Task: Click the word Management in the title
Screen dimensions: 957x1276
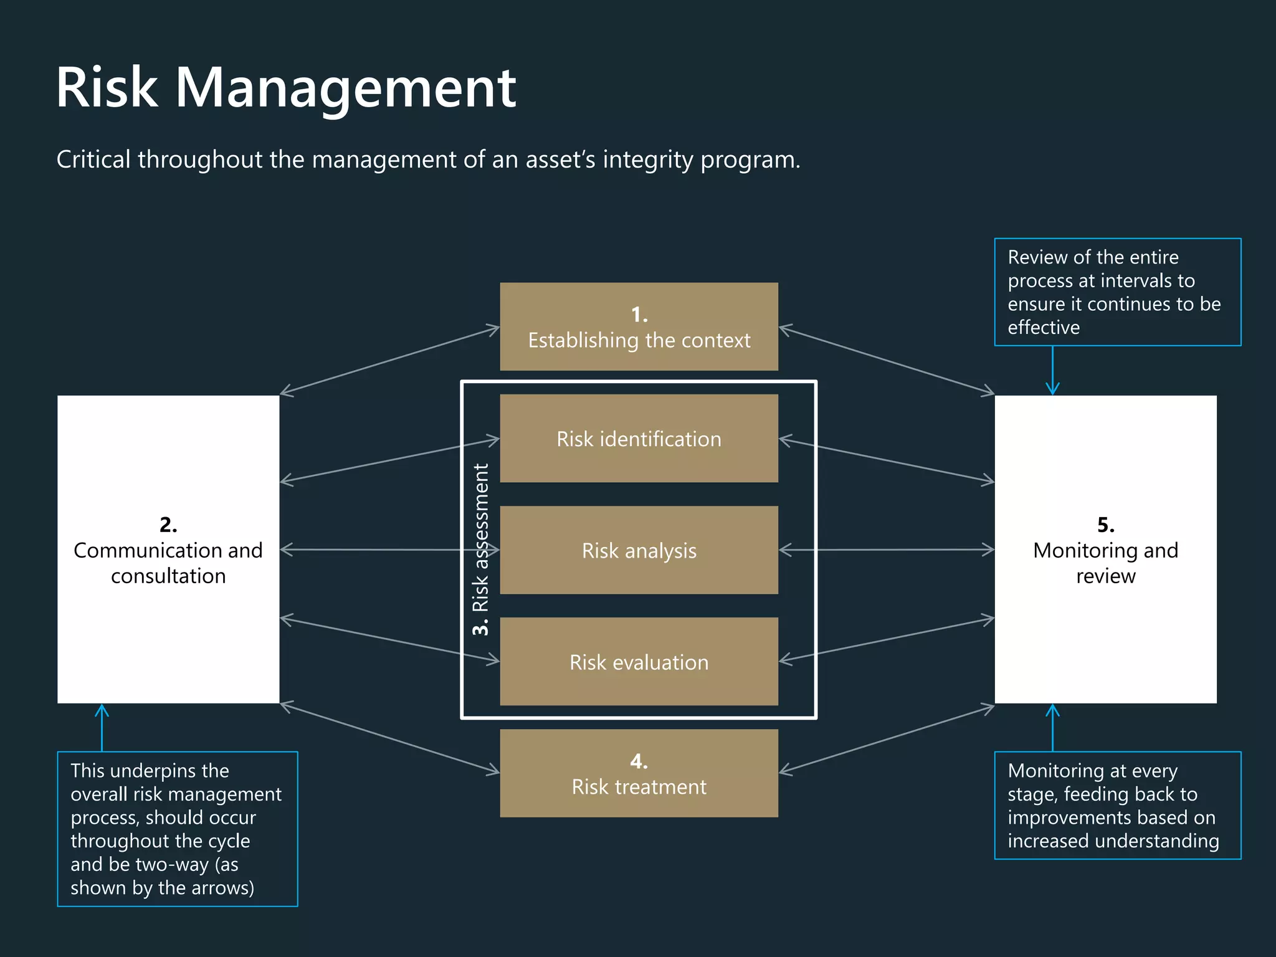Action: pos(346,88)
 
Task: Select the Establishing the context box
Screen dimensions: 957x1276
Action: pos(639,327)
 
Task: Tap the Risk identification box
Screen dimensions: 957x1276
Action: pos(639,439)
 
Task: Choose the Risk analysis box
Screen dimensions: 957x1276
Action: pos(639,550)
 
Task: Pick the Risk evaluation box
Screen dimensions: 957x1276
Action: pos(639,662)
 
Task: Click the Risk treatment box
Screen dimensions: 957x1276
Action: pos(639,773)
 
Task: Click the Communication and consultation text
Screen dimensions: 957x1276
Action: pos(168,563)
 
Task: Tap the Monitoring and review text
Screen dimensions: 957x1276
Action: pos(1105,563)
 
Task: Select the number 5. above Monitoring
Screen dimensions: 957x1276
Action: pos(1105,525)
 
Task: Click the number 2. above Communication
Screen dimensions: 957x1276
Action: pos(168,525)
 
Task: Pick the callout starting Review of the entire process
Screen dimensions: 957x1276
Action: pos(1117,292)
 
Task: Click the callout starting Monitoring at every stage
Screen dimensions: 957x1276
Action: pos(1117,805)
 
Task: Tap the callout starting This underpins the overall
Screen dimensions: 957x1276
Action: pos(177,829)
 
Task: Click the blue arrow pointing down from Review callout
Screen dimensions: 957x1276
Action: pos(1052,371)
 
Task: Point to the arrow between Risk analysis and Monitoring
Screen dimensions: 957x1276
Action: pos(886,550)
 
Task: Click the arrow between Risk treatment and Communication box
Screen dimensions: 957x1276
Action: pos(389,738)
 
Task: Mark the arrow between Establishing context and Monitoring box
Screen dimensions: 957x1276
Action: pos(886,360)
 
